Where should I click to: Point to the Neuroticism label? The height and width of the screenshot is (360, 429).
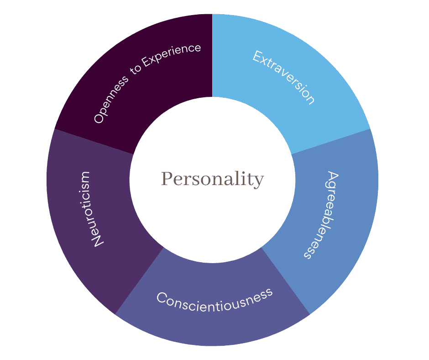90,210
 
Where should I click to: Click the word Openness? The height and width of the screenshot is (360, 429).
110,99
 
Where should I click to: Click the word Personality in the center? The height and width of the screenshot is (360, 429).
212,179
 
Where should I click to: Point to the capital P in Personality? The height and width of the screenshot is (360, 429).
167,179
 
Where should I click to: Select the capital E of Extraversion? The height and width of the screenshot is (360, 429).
258,57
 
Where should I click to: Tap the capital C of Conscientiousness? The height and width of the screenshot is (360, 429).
162,297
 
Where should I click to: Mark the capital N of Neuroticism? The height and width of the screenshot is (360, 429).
98,241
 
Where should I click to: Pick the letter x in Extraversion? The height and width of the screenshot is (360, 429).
266,63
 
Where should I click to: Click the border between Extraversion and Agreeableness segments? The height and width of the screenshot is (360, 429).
331,142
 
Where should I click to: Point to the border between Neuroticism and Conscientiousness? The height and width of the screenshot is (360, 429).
139,281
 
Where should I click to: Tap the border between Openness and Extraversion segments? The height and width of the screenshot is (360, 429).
212,55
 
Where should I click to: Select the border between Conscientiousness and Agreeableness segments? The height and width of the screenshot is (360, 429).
286,281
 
